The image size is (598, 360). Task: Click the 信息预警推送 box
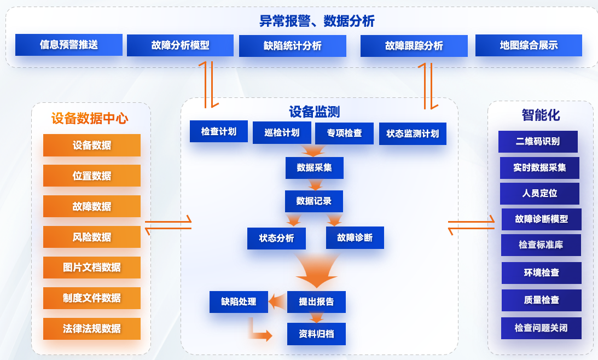69,45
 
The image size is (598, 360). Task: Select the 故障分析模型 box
181,45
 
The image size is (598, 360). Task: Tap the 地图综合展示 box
529,45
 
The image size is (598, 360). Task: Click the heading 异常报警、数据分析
317,21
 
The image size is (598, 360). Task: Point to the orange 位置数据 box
92,176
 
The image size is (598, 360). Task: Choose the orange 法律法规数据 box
92,329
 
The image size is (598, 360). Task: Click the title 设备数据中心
90,119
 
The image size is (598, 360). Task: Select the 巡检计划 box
282,132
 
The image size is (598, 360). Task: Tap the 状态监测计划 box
413,133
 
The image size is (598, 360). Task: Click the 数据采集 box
315,167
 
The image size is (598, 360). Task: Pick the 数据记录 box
314,201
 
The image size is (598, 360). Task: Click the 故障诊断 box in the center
355,238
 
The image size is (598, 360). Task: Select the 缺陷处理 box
239,301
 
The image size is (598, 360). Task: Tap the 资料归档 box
316,334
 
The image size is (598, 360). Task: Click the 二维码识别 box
538,141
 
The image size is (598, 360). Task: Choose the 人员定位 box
539,193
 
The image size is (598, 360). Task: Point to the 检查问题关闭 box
541,328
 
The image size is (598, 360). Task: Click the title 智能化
541,115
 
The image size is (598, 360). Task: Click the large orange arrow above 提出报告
317,270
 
